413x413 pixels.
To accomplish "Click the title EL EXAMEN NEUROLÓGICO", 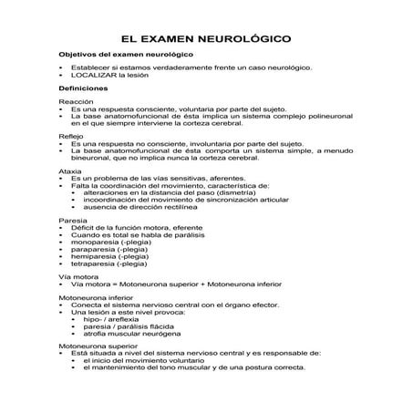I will coord(207,40).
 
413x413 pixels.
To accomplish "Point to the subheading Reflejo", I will coord(70,135).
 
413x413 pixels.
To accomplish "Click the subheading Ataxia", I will coord(69,169).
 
